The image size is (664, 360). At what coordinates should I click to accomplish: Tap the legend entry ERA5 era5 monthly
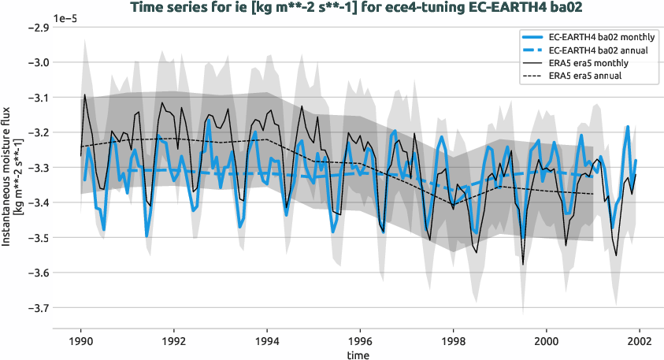584,63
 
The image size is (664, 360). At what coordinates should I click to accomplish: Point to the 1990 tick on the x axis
80,343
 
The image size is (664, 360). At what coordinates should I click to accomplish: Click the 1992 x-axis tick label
173,343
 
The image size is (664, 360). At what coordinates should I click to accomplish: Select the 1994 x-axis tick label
267,343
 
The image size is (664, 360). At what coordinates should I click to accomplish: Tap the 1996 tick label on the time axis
360,343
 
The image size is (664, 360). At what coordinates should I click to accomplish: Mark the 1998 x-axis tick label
453,343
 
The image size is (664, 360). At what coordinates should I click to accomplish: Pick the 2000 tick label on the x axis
546,343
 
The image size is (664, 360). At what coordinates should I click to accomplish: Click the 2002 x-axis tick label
640,343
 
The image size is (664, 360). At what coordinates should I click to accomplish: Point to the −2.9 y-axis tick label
38,28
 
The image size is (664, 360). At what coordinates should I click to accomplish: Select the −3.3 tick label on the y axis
38,168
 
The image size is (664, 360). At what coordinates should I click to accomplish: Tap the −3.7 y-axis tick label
38,308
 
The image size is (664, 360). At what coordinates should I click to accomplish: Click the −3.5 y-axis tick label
38,238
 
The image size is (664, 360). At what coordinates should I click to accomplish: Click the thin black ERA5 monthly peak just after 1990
85,95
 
